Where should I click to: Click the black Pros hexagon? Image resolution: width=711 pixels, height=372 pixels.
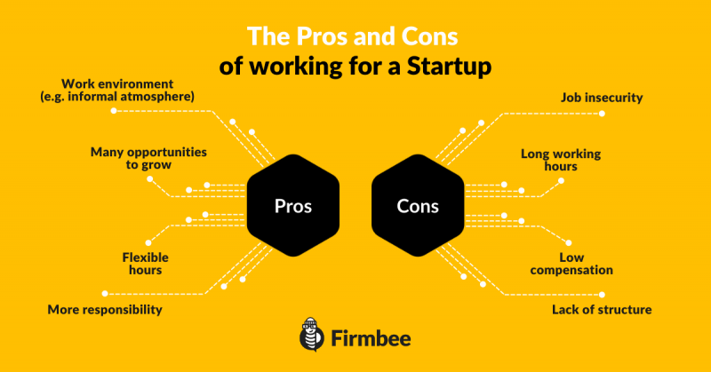click(x=293, y=205)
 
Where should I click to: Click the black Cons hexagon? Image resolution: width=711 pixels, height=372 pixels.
click(x=418, y=205)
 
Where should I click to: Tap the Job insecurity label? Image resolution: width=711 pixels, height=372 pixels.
click(x=602, y=98)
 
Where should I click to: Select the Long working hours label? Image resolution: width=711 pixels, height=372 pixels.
click(x=561, y=160)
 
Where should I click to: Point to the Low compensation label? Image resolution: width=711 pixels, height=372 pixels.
click(x=571, y=264)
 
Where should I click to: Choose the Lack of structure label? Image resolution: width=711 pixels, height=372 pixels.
click(x=602, y=310)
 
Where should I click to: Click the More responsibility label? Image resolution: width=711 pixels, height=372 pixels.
click(x=105, y=310)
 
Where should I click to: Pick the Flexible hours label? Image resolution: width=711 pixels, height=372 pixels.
click(x=145, y=264)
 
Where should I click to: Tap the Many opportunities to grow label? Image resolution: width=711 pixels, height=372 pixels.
click(x=148, y=158)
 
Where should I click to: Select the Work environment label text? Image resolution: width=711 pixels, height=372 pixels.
click(x=117, y=91)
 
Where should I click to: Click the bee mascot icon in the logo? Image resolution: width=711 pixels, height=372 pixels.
click(x=312, y=335)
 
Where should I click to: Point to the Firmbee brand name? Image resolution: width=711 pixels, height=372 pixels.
click(x=371, y=338)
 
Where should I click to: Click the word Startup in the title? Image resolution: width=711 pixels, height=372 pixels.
click(x=449, y=67)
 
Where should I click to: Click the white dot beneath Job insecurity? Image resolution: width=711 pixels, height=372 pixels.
click(x=602, y=114)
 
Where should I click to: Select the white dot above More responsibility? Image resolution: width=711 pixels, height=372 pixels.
click(x=105, y=294)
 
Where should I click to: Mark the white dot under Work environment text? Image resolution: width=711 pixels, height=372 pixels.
click(x=114, y=111)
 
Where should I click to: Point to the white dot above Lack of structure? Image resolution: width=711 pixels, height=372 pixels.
click(x=602, y=295)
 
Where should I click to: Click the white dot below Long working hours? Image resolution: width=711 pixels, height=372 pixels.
click(x=561, y=181)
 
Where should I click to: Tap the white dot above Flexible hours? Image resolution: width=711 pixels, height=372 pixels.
click(x=148, y=243)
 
